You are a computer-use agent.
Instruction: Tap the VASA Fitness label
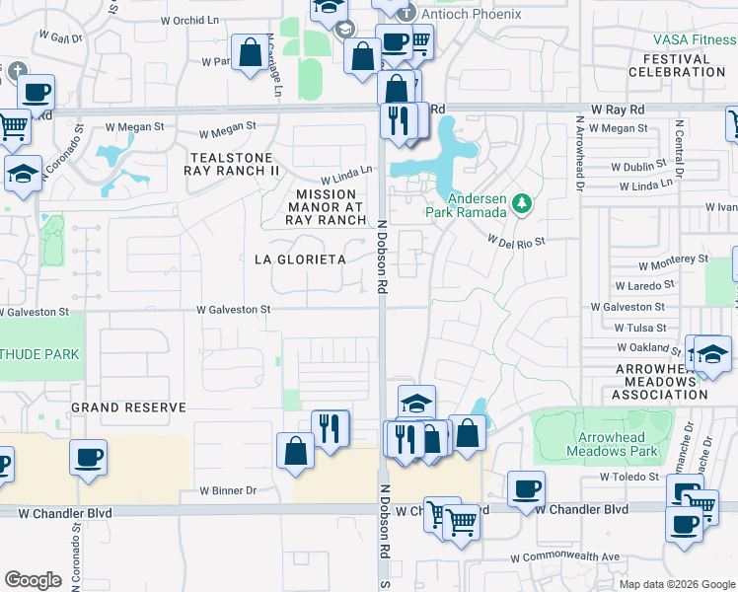pyautogui.click(x=695, y=40)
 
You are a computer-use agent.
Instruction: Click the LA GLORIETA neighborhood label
pyautogui.click(x=300, y=259)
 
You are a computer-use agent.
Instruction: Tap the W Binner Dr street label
pyautogui.click(x=228, y=490)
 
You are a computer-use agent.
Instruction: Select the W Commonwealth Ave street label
pyautogui.click(x=564, y=556)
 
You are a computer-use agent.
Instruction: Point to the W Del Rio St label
pyautogui.click(x=516, y=240)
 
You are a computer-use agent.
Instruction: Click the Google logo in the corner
pyautogui.click(x=33, y=580)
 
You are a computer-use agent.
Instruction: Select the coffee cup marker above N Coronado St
pyautogui.click(x=89, y=460)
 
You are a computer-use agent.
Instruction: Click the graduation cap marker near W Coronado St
pyautogui.click(x=24, y=175)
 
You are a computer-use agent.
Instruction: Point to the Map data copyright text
pyautogui.click(x=676, y=584)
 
